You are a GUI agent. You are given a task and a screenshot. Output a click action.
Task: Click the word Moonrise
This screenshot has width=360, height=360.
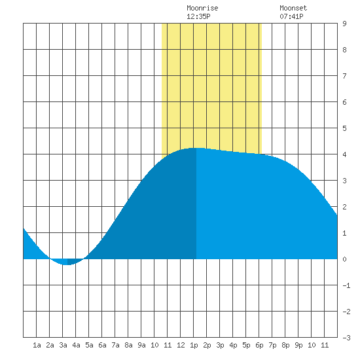pyautogui.click(x=202, y=8)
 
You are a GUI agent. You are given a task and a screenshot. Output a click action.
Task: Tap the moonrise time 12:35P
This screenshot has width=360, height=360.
pyautogui.click(x=198, y=16)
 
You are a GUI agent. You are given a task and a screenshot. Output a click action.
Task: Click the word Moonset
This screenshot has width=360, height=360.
pyautogui.click(x=293, y=8)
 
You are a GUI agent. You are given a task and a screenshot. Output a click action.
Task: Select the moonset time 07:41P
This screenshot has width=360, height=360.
pyautogui.click(x=291, y=16)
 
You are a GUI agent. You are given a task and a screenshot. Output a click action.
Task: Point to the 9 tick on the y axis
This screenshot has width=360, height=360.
pyautogui.click(x=344, y=24)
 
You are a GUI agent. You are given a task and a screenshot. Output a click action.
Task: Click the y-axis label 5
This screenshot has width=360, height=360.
pyautogui.click(x=344, y=128)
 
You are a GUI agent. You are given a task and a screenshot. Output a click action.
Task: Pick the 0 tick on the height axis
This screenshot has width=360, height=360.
pyautogui.click(x=344, y=259)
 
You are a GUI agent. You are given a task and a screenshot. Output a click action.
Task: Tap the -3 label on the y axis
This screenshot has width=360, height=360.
pyautogui.click(x=346, y=338)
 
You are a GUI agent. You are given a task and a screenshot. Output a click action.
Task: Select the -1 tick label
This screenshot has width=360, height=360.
pyautogui.click(x=346, y=285)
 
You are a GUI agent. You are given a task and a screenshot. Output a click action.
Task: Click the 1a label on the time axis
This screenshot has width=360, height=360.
pyautogui.click(x=37, y=345)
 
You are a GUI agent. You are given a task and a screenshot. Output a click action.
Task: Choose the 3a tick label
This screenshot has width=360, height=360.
pyautogui.click(x=63, y=345)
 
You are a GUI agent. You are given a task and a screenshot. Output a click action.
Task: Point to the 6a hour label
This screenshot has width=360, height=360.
pyautogui.click(x=102, y=345)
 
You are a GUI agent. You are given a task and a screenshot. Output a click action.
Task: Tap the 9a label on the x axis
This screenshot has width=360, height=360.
pyautogui.click(x=141, y=345)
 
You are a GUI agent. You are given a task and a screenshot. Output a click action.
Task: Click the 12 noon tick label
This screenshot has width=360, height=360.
pyautogui.click(x=181, y=345)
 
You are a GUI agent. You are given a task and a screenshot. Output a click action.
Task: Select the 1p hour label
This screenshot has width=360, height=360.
pyautogui.click(x=194, y=345)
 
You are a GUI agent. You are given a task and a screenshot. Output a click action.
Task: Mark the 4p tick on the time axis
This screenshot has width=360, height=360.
pyautogui.click(x=233, y=345)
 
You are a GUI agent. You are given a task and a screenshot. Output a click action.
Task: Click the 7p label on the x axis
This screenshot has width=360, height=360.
pyautogui.click(x=272, y=345)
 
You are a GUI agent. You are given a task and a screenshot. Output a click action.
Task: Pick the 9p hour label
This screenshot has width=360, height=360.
pyautogui.click(x=298, y=345)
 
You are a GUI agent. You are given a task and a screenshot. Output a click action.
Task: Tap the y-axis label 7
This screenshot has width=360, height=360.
pyautogui.click(x=344, y=76)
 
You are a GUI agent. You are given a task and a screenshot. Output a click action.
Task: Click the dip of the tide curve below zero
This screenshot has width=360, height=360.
pyautogui.click(x=67, y=262)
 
